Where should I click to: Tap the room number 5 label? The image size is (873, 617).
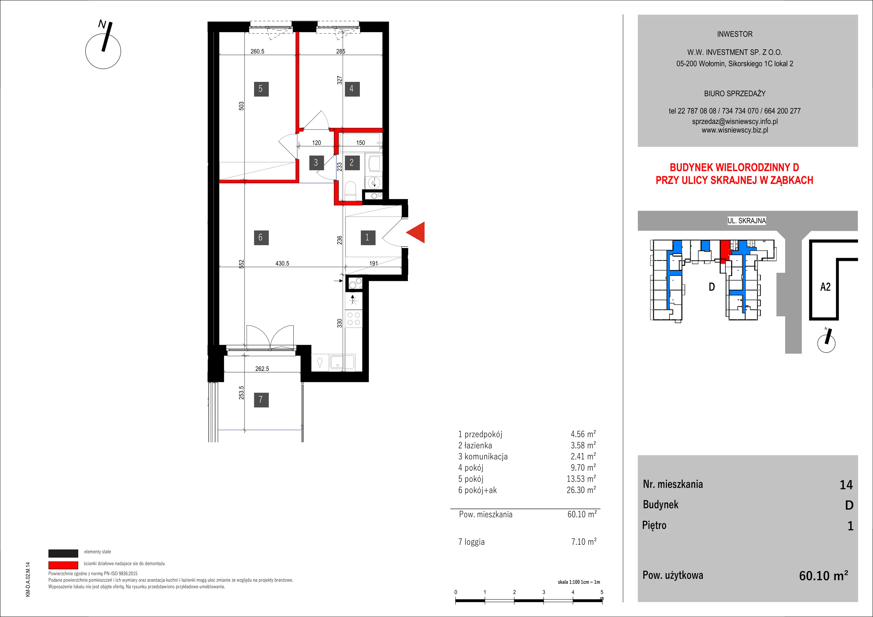pyautogui.click(x=261, y=89)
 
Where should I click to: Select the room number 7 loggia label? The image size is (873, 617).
pyautogui.click(x=261, y=400)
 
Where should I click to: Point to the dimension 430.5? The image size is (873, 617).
pyautogui.click(x=282, y=263)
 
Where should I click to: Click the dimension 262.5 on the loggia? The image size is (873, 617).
pyautogui.click(x=262, y=369)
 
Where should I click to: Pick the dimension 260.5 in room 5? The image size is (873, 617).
pyautogui.click(x=258, y=51)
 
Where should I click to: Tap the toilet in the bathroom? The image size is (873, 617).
pyautogui.click(x=350, y=191)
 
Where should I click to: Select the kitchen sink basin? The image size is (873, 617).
pyautogui.click(x=337, y=362)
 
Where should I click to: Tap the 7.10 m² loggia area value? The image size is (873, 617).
pyautogui.click(x=584, y=542)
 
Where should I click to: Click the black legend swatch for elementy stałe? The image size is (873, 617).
pyautogui.click(x=63, y=553)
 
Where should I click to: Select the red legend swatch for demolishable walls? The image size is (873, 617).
pyautogui.click(x=63, y=565)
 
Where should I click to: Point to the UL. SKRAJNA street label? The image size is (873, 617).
pyautogui.click(x=747, y=220)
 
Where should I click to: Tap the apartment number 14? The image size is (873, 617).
pyautogui.click(x=846, y=485)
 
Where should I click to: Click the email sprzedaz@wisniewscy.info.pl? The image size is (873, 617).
pyautogui.click(x=735, y=121)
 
